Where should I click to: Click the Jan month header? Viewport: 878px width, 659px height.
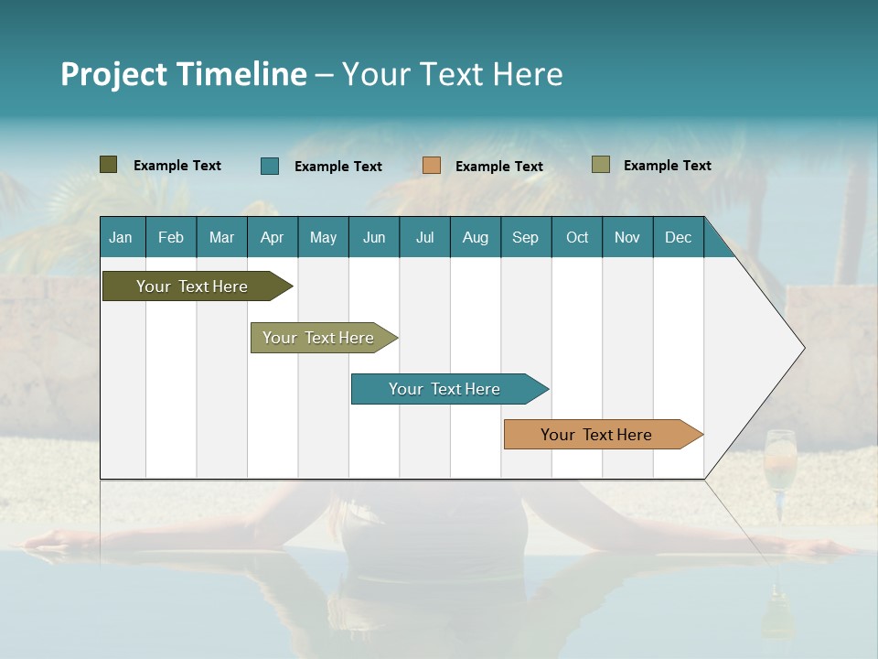click(x=121, y=237)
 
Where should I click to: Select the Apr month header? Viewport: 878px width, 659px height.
click(x=272, y=237)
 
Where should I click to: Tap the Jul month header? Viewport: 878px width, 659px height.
click(x=424, y=237)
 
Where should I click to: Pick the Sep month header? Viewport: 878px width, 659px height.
click(x=525, y=237)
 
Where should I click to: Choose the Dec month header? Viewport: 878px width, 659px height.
click(x=678, y=237)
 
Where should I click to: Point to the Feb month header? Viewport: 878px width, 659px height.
click(x=171, y=237)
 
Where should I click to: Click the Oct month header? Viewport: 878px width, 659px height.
click(x=577, y=237)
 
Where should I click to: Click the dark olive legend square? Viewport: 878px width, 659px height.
click(x=109, y=165)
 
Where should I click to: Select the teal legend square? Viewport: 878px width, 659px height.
click(x=270, y=166)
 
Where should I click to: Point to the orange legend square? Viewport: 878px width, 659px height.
click(x=432, y=166)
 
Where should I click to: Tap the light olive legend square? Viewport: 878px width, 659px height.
click(x=601, y=165)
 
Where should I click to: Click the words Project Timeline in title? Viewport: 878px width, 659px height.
click(x=184, y=74)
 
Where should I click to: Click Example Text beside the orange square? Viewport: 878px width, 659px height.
click(x=498, y=167)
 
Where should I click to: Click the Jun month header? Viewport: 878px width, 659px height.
click(x=374, y=237)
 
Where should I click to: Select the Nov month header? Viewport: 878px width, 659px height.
click(x=627, y=237)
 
